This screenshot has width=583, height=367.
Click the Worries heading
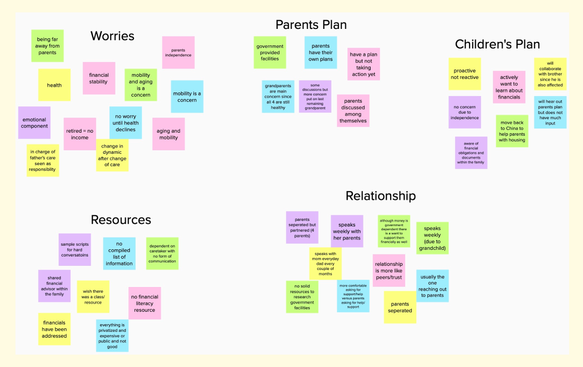click(x=112, y=36)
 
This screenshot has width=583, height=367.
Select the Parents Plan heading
click(x=311, y=24)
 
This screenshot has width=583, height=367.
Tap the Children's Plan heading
click(x=497, y=44)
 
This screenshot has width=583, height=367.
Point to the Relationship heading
click(x=380, y=196)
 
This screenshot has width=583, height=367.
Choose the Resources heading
click(x=121, y=219)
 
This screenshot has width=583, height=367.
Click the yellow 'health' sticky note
click(x=54, y=85)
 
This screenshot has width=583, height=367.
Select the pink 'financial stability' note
click(x=98, y=78)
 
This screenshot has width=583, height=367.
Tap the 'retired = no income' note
click(x=80, y=134)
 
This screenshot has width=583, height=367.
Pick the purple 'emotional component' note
click(x=34, y=123)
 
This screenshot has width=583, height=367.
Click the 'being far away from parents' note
click(x=47, y=46)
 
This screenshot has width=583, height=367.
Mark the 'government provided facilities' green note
click(x=270, y=52)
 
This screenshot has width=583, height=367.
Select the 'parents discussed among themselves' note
click(x=353, y=110)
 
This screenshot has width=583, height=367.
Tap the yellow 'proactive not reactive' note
click(x=464, y=74)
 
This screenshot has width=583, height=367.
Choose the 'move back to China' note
click(x=512, y=131)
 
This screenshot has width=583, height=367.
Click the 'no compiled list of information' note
click(x=119, y=253)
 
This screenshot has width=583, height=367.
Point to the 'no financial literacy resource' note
click(x=144, y=303)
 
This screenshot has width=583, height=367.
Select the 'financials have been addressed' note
click(x=54, y=329)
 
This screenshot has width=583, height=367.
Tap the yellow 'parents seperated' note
click(x=399, y=307)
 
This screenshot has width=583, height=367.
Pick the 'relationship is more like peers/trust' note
click(x=389, y=270)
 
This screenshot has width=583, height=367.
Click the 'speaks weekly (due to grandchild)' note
click(x=432, y=238)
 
